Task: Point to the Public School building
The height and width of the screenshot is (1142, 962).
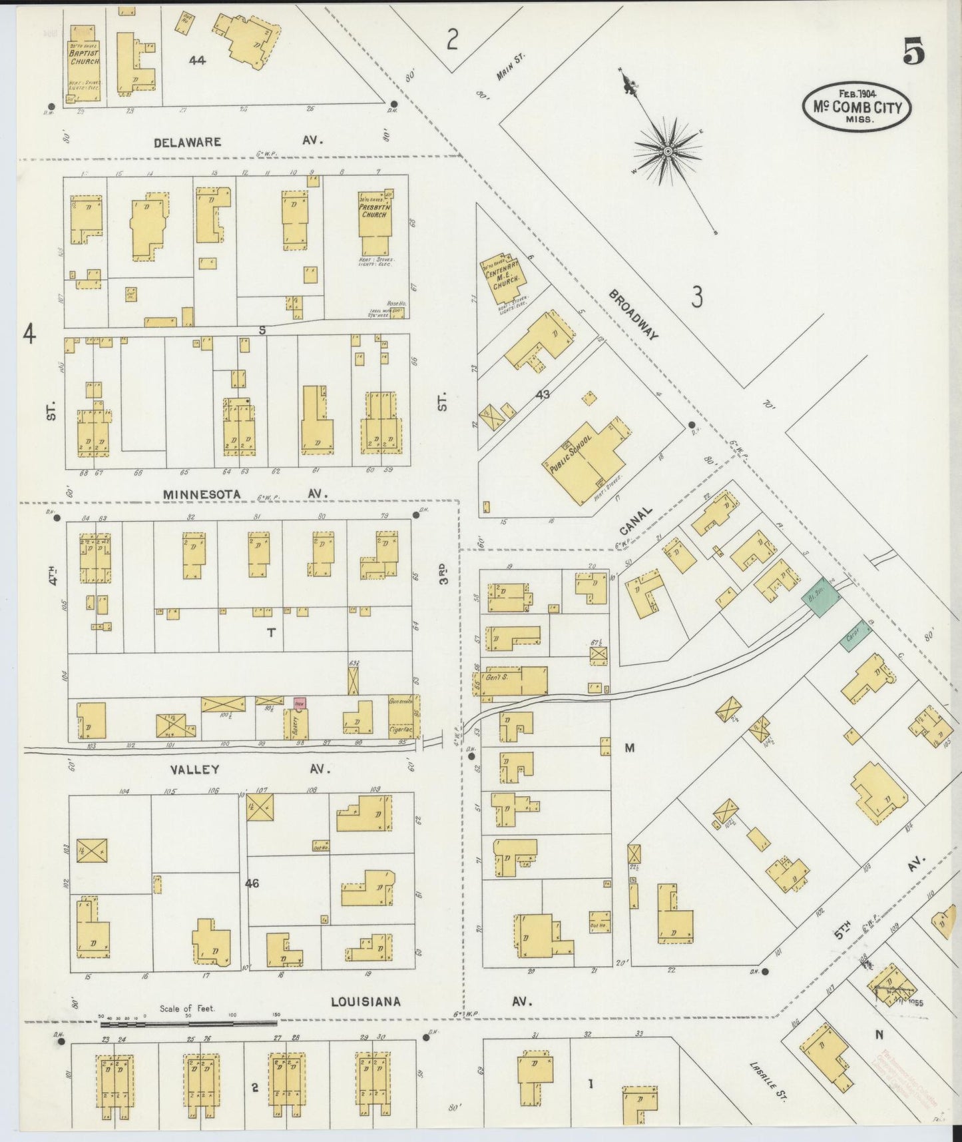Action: [586, 460]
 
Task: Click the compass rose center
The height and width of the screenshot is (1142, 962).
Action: [666, 153]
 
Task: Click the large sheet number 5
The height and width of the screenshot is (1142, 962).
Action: [913, 51]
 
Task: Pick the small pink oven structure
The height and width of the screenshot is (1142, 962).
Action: [300, 702]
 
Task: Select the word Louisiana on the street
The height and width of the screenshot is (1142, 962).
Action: [365, 1001]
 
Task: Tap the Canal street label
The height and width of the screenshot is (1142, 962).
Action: [635, 520]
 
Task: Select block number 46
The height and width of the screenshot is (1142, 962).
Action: [252, 883]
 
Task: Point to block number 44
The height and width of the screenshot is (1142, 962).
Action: [196, 60]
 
